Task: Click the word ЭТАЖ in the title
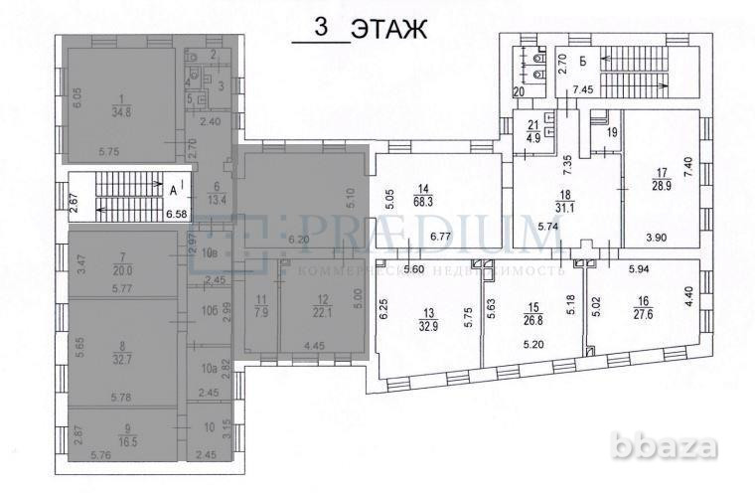click(392, 30)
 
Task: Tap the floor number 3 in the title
click(320, 29)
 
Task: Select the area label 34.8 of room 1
click(121, 111)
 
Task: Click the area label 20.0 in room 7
click(123, 268)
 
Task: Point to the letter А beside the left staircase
click(173, 188)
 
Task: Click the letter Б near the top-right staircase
click(583, 62)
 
